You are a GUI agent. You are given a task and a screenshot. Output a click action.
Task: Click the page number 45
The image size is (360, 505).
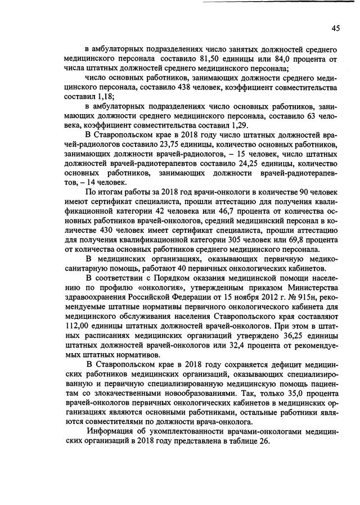335,28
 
